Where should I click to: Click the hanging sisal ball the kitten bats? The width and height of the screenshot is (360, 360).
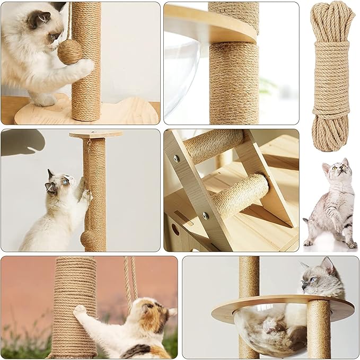[x=69, y=51]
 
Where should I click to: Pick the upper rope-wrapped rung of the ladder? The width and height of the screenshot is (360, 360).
[x=213, y=145]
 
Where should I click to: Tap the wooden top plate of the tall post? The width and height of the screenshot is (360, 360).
[x=95, y=134]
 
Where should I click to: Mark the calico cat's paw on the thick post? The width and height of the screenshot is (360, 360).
[x=80, y=310]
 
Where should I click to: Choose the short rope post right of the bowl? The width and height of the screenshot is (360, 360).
[x=319, y=329]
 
